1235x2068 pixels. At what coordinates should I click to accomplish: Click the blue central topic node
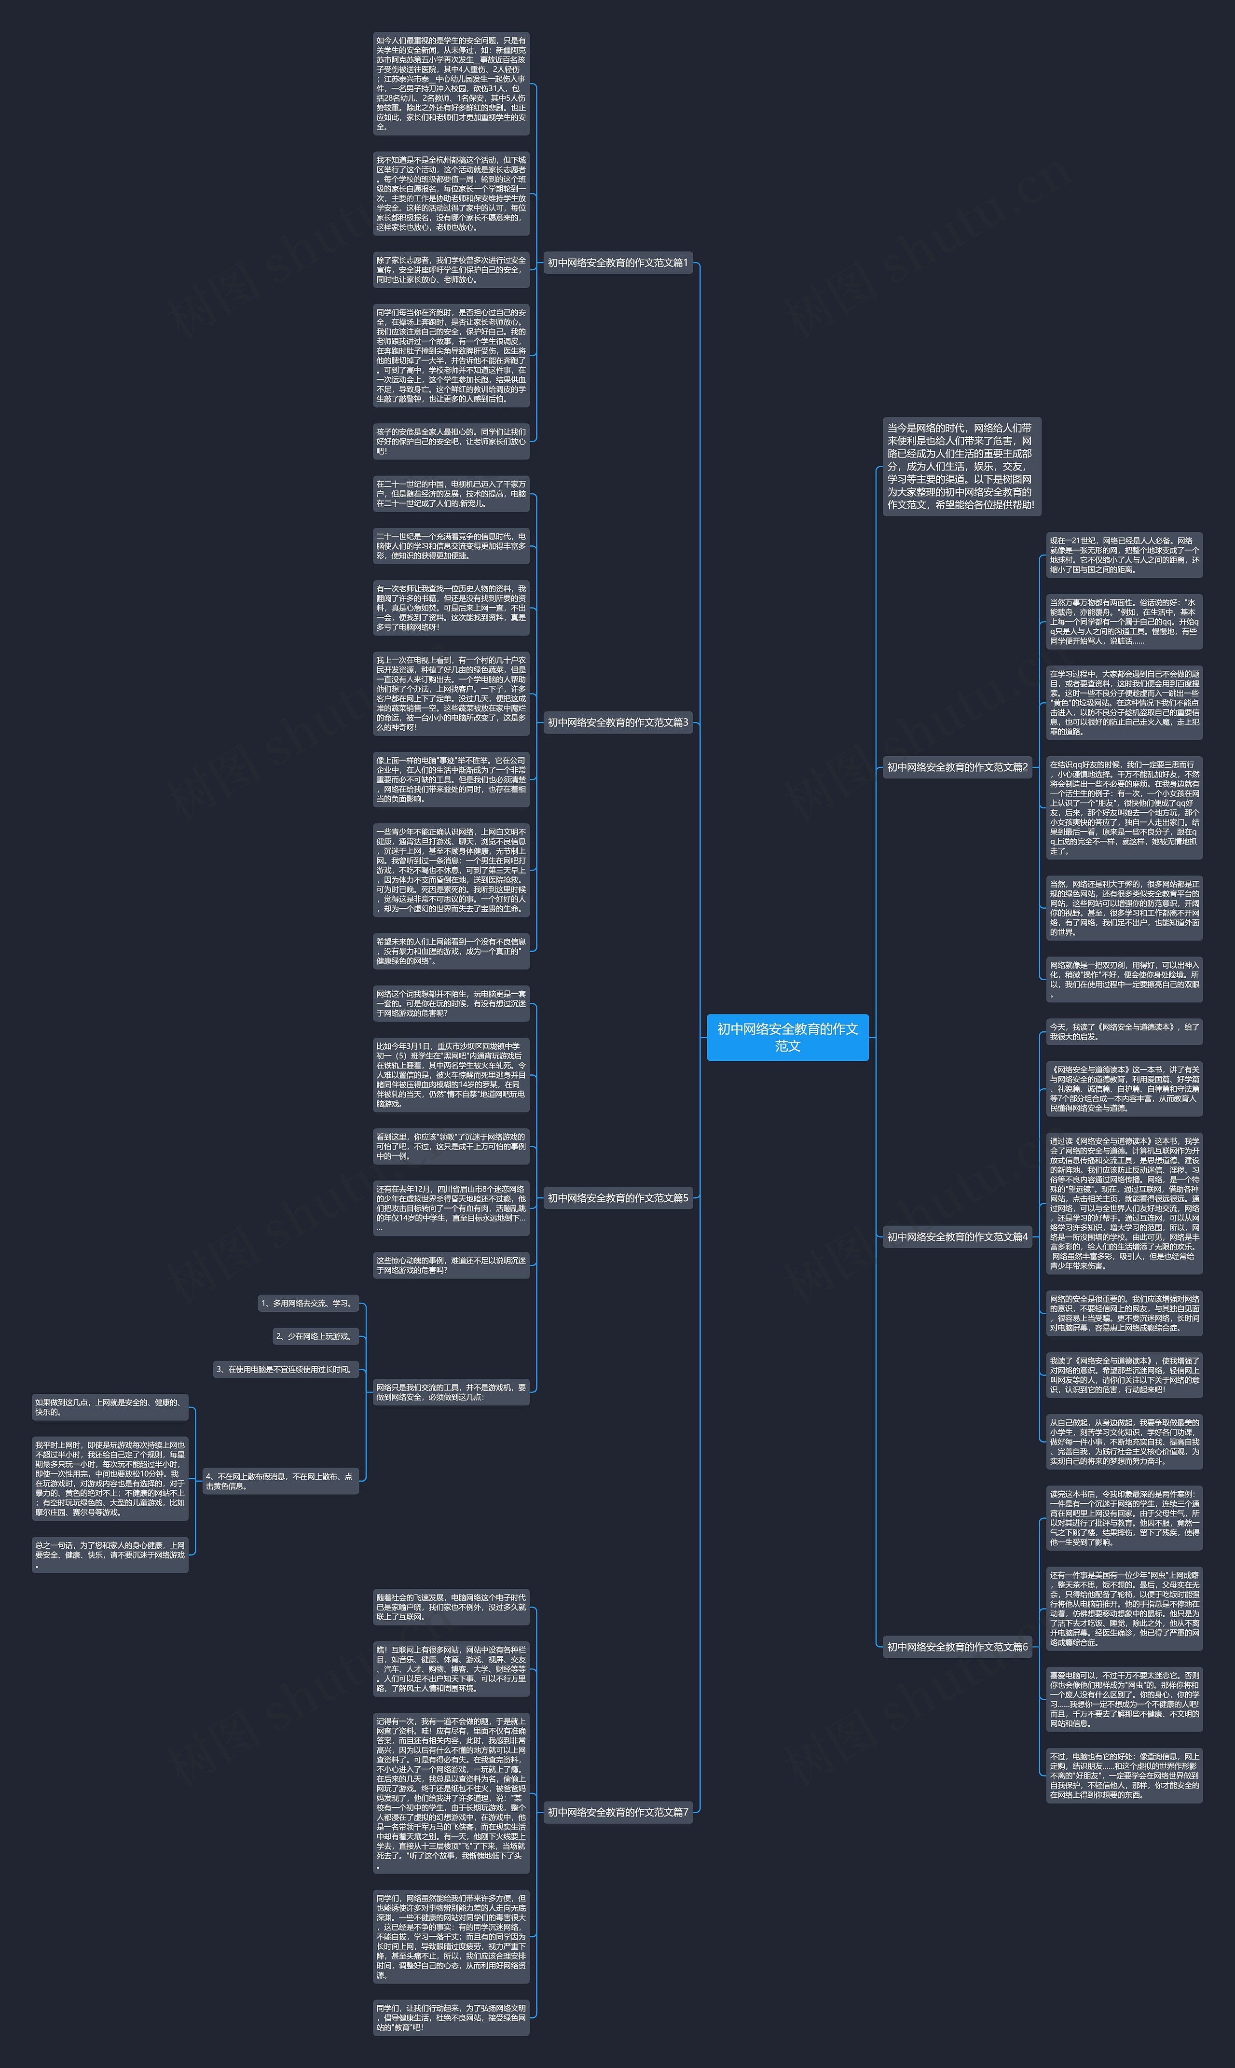[787, 1037]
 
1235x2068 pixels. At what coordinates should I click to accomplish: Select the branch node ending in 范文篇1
[617, 263]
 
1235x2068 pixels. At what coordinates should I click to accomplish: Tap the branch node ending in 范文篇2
[957, 767]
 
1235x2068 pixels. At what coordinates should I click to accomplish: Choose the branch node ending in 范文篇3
[617, 722]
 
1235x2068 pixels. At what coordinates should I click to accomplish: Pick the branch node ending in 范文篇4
[957, 1236]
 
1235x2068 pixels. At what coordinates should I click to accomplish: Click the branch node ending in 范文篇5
[617, 1198]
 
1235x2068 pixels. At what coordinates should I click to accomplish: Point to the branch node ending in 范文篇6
[957, 1646]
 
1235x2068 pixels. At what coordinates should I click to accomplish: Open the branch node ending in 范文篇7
[617, 1812]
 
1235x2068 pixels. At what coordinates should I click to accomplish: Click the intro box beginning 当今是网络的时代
[961, 466]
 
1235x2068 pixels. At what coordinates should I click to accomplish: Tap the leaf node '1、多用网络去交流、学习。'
[308, 1303]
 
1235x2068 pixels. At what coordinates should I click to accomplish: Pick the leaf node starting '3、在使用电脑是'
[286, 1369]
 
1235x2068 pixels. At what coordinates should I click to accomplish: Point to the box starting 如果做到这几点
[110, 1407]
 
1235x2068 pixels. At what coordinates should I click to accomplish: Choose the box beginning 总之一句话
[110, 1554]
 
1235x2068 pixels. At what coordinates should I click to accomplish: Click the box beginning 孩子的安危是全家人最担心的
[451, 441]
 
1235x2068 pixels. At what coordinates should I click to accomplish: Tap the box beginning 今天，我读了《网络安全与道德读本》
[1124, 1031]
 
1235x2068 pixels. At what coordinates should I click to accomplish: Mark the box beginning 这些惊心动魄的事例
[451, 1264]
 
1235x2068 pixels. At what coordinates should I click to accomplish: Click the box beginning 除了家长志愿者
[451, 270]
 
